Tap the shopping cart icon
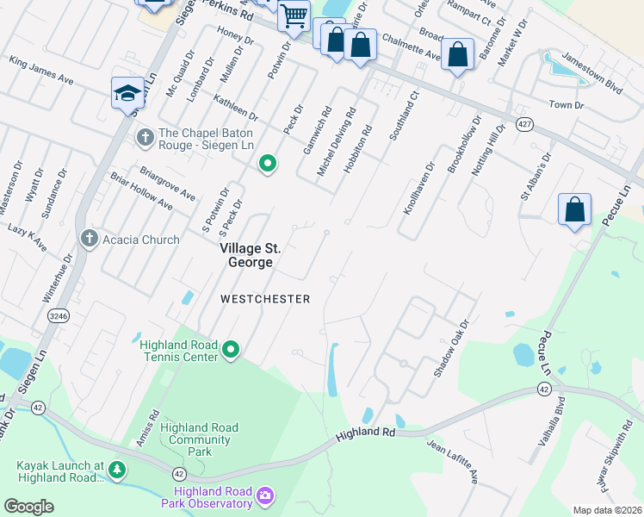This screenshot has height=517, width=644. [294, 16]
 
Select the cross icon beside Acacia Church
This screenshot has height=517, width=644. [88, 240]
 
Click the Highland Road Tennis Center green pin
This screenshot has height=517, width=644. [231, 350]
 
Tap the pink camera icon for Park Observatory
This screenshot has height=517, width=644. [265, 495]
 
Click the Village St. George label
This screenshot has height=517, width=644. [250, 255]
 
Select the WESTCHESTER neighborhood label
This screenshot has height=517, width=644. [264, 299]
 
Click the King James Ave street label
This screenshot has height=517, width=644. [41, 71]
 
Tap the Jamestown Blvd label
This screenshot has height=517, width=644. [591, 75]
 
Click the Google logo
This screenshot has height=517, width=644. [29, 506]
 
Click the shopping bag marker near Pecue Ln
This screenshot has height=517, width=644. [574, 210]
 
